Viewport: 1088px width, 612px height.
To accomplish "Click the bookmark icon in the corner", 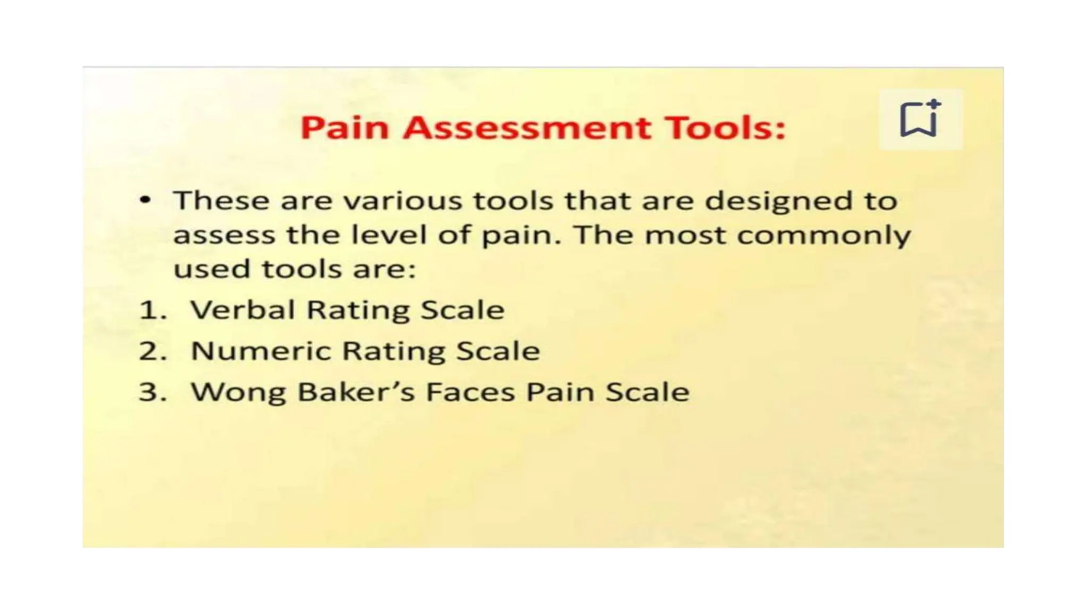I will point(919,119).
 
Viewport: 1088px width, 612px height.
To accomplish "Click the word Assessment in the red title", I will point(526,128).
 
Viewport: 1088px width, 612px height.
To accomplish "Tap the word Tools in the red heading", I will point(726,128).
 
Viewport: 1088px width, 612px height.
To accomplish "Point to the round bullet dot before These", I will point(145,200).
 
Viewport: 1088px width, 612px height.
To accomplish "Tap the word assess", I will point(224,235).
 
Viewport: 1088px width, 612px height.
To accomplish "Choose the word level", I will point(389,235).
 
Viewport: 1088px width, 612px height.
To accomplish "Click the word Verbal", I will point(242,310).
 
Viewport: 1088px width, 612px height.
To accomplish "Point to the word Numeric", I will point(260,351).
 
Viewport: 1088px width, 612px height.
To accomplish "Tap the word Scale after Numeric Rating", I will point(498,351).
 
